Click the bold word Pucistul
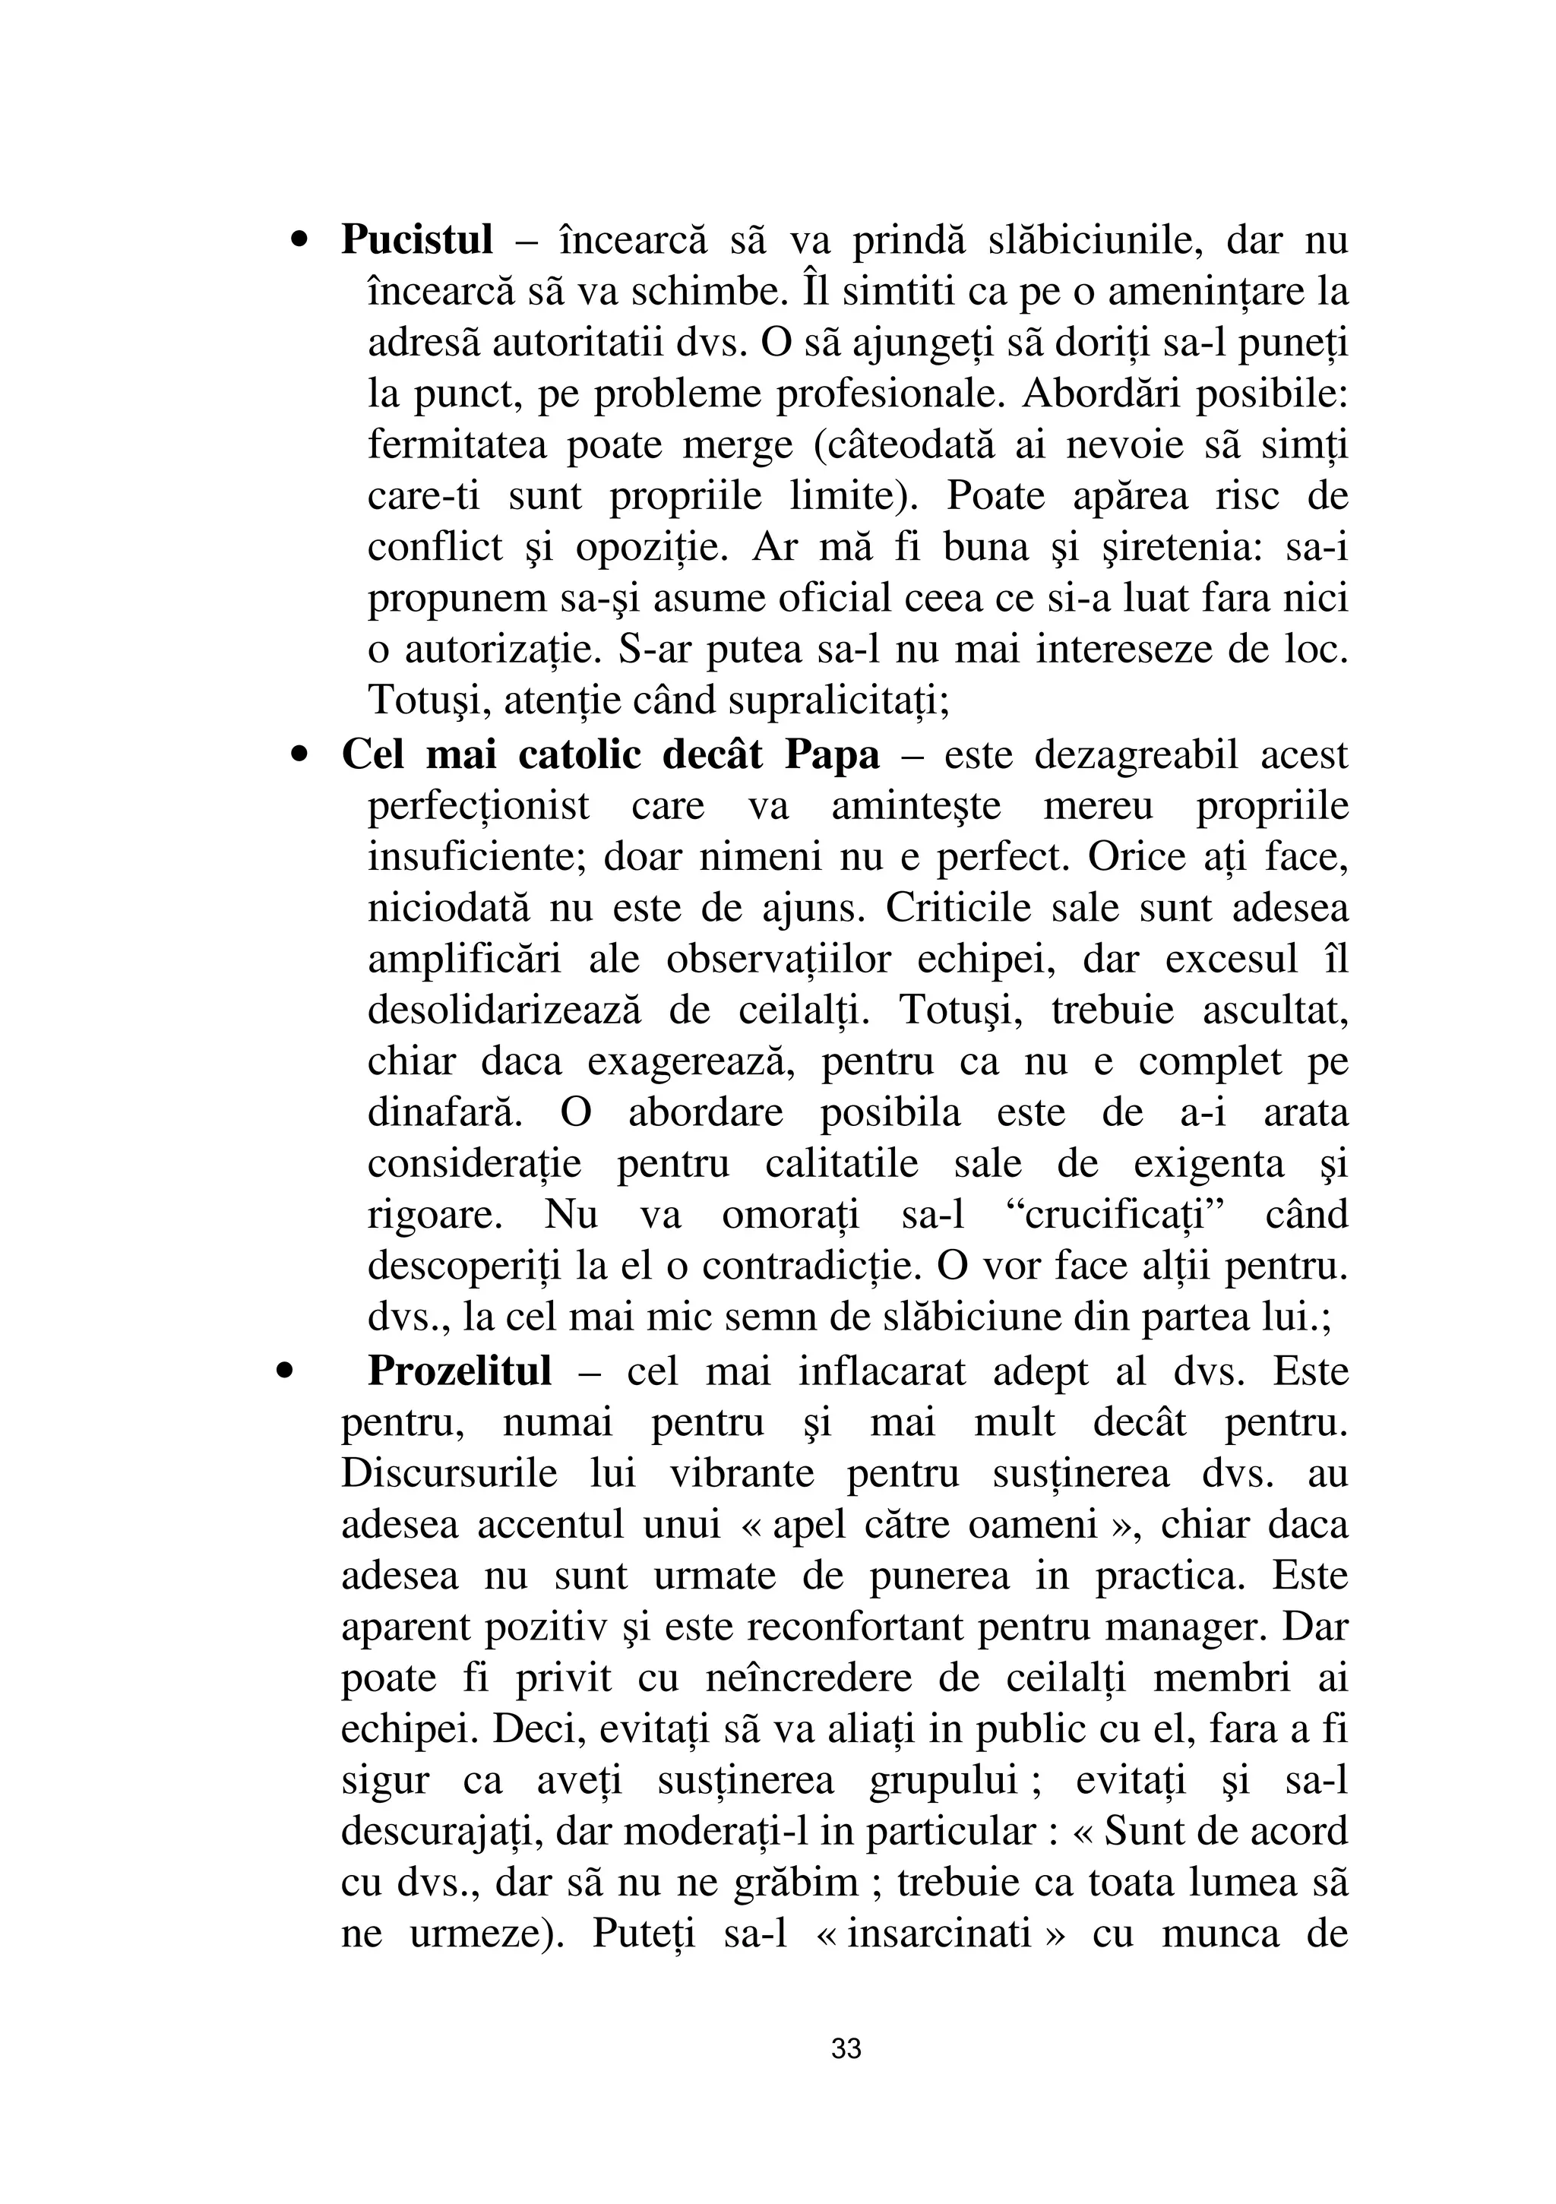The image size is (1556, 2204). [x=416, y=240]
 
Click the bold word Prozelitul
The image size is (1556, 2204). [x=460, y=1372]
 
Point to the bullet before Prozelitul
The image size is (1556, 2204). [x=283, y=1373]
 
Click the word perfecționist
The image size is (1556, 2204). [x=479, y=806]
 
